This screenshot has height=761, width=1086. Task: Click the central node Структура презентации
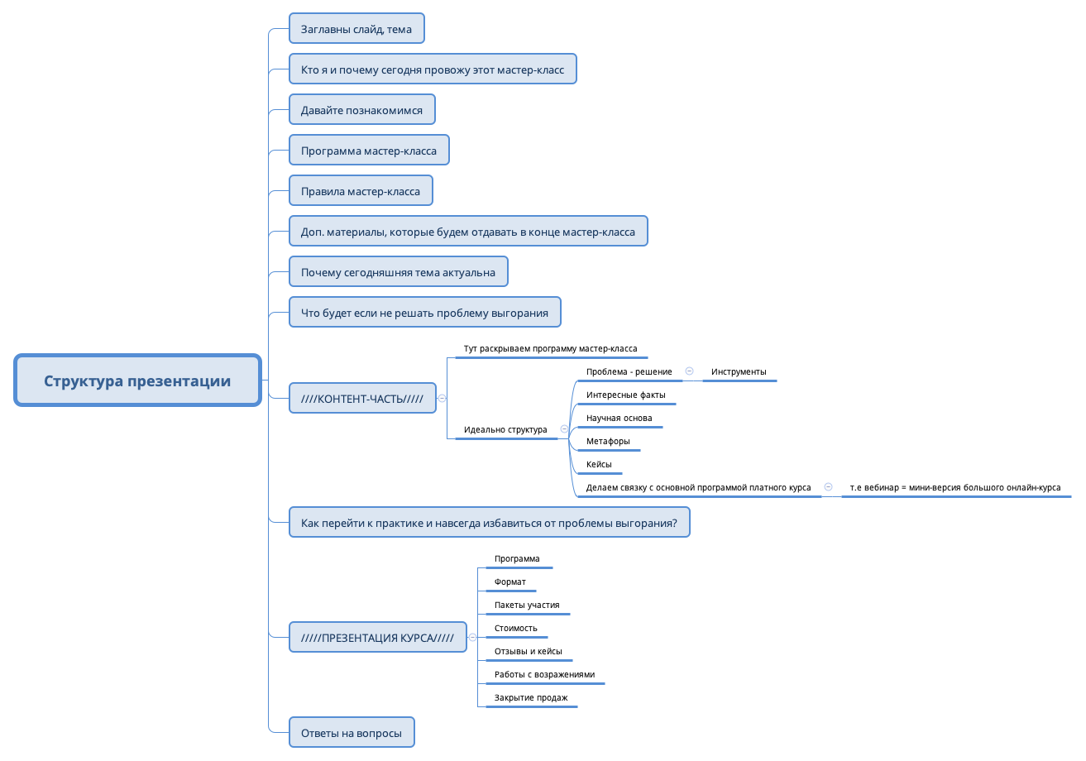(x=137, y=380)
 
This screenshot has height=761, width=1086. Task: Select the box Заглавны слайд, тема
(x=356, y=29)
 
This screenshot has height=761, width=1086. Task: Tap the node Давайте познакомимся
(x=361, y=110)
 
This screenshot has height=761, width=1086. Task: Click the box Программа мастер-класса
(x=369, y=151)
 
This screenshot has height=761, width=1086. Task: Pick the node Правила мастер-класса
(x=361, y=191)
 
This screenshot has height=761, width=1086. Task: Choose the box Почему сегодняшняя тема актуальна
(x=398, y=272)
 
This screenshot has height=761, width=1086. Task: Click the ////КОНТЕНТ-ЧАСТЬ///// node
(x=362, y=398)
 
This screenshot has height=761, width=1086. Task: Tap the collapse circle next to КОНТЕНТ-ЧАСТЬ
(x=443, y=398)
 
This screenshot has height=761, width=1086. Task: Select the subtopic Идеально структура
(x=505, y=429)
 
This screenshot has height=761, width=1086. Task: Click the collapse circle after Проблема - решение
(x=689, y=371)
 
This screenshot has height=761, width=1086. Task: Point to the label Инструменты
(x=739, y=371)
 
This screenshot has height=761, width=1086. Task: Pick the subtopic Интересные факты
(x=625, y=395)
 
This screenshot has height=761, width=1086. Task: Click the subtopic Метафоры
(x=608, y=441)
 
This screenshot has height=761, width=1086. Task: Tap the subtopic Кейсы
(x=599, y=464)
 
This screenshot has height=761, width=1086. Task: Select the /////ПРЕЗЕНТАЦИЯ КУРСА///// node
(x=377, y=637)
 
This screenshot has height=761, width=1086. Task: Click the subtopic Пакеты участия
(x=527, y=605)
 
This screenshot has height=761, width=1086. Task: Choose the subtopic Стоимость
(x=516, y=628)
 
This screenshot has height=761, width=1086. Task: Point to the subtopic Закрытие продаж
(x=531, y=697)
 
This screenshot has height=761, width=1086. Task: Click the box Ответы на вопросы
(x=352, y=733)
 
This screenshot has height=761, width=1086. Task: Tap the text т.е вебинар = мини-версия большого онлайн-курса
(x=954, y=487)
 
